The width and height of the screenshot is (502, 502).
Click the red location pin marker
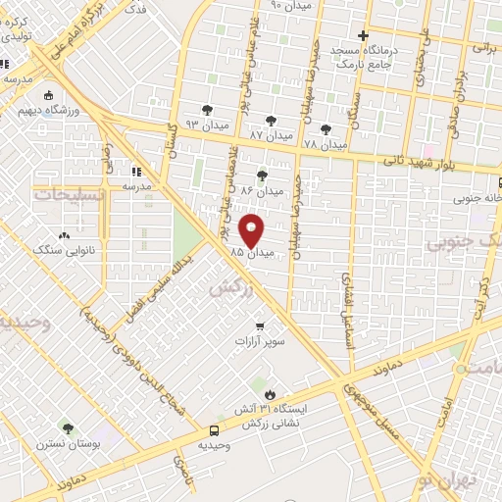tap(253, 230)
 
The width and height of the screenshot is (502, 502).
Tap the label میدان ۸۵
tap(249, 253)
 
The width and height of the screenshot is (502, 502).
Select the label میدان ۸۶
tap(262, 190)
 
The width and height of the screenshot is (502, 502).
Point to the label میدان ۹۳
tap(207, 125)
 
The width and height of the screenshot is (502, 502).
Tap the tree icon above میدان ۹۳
tap(207, 110)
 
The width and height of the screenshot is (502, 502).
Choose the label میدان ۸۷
tap(270, 134)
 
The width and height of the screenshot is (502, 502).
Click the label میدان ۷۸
tap(326, 144)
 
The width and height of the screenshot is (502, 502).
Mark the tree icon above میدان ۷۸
tap(326, 128)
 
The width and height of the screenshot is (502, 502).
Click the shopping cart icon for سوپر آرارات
tap(260, 326)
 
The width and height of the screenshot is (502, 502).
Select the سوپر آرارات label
tap(260, 342)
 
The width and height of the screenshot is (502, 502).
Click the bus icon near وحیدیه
tap(214, 430)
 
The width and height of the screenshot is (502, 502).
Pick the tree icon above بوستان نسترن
tap(67, 429)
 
